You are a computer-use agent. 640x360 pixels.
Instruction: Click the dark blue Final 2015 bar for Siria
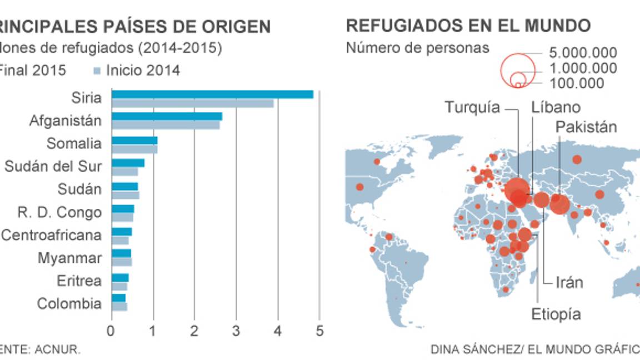tap(212, 94)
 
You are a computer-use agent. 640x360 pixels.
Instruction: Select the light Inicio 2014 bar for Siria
tap(192, 103)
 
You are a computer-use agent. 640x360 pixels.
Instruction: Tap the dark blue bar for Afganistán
tap(167, 117)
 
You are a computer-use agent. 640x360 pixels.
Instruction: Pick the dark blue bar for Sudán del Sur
tap(128, 163)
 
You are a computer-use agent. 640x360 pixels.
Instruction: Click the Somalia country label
tap(74, 144)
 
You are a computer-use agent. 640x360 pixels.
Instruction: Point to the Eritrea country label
tap(79, 281)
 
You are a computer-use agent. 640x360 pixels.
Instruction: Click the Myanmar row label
tap(69, 258)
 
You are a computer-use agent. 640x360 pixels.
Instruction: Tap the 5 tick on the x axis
tap(319, 331)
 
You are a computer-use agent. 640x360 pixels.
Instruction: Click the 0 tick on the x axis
tap(112, 331)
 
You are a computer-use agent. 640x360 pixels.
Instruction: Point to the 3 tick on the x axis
tap(236, 331)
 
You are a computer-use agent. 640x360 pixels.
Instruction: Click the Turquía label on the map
tap(473, 108)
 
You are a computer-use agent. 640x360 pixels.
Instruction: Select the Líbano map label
tap(556, 107)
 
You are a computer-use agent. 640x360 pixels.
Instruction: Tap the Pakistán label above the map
tap(586, 127)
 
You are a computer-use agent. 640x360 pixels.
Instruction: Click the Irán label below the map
tap(569, 283)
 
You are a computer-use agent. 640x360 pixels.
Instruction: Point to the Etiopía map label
tap(556, 314)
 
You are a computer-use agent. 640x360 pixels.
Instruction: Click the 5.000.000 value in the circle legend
tap(583, 53)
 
